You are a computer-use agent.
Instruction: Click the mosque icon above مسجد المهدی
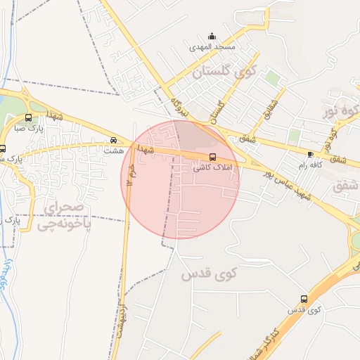pos(212,37)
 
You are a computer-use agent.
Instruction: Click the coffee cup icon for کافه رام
pos(310,153)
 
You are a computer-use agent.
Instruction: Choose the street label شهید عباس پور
pos(285,184)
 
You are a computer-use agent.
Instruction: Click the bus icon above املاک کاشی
pos(212,157)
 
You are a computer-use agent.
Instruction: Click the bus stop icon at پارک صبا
pos(27,118)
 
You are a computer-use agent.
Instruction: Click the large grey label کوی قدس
pos(210,274)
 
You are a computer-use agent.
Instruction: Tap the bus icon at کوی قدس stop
pos(304,299)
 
